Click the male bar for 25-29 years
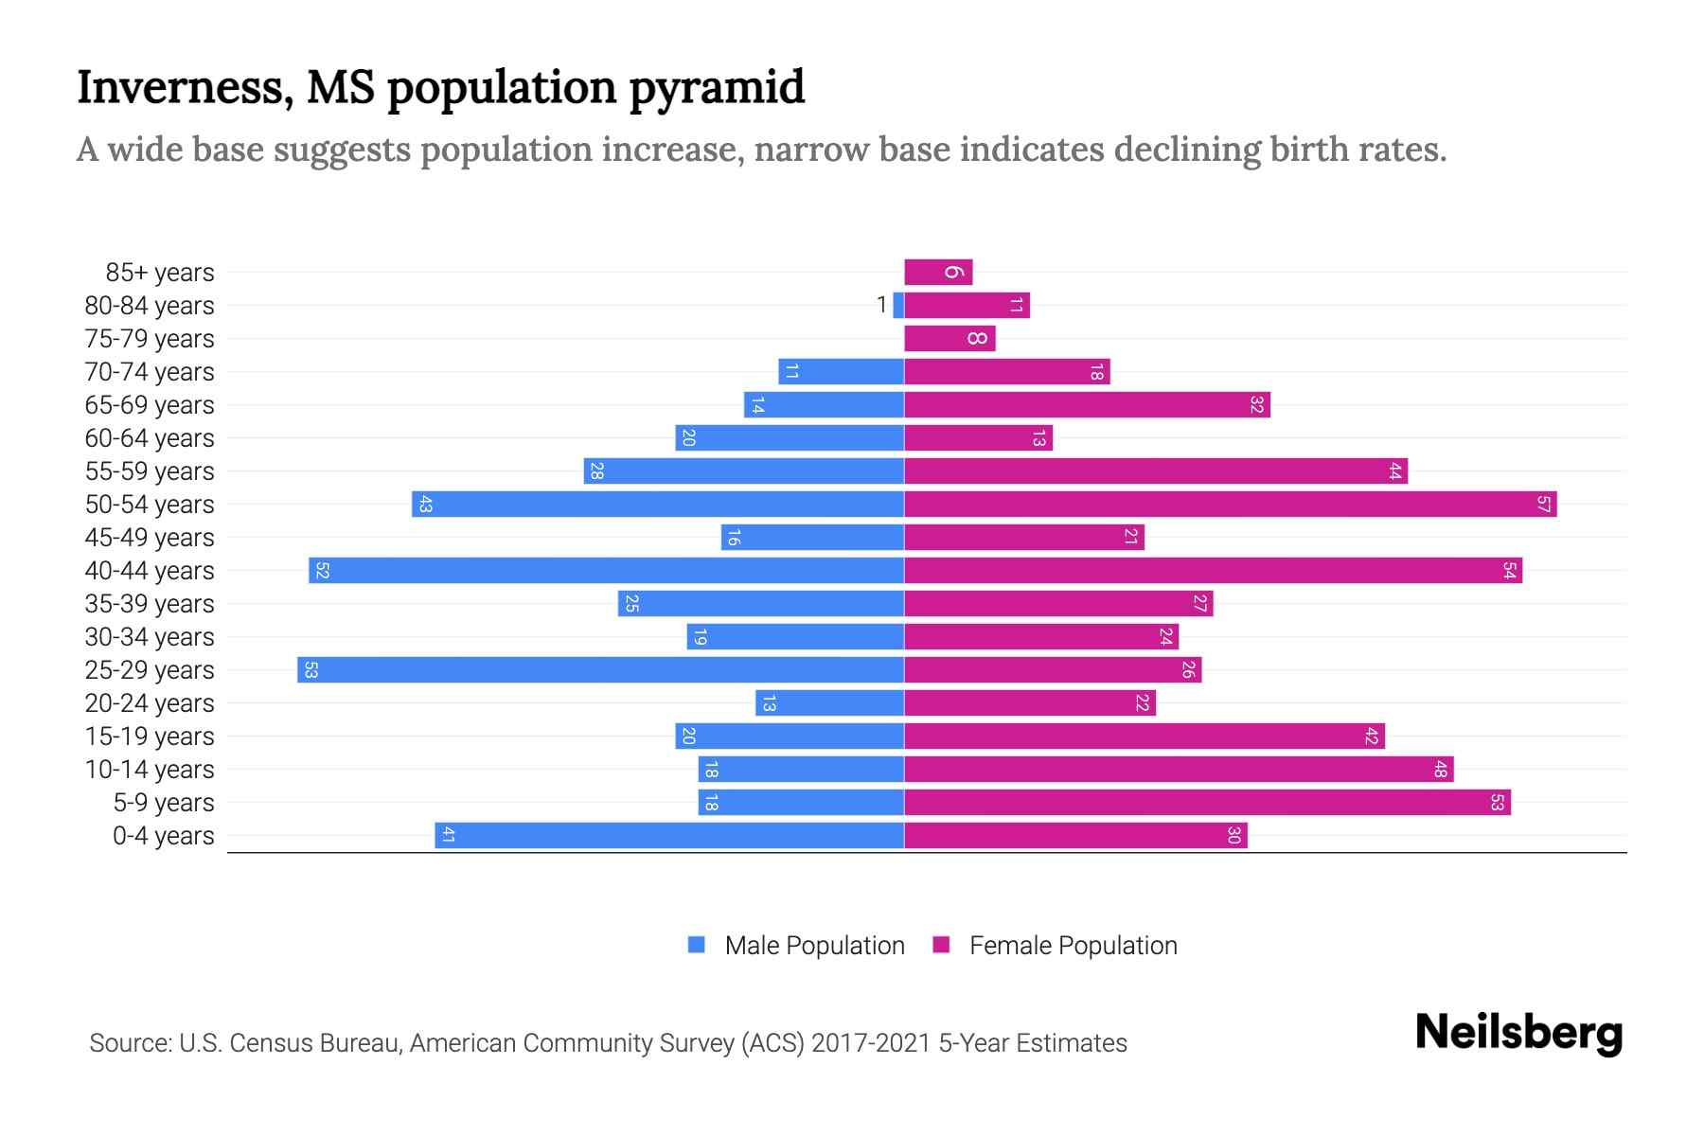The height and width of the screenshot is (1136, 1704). click(x=600, y=670)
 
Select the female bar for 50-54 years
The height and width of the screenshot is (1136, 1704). click(x=1230, y=505)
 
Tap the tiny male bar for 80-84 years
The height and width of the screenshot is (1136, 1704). click(x=898, y=306)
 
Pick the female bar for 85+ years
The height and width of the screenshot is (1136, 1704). click(x=938, y=273)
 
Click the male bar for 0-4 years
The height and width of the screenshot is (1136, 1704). click(x=669, y=836)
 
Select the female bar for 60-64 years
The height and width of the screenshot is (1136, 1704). click(x=978, y=438)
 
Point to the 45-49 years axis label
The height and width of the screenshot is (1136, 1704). click(x=150, y=538)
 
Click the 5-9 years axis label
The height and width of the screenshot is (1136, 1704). click(x=163, y=803)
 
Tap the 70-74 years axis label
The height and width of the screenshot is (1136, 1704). click(x=150, y=372)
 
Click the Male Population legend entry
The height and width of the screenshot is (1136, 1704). click(x=814, y=946)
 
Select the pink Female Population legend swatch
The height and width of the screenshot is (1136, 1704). click(x=941, y=945)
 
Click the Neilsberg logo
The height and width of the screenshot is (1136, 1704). click(x=1518, y=1033)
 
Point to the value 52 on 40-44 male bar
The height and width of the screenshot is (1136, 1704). click(x=322, y=571)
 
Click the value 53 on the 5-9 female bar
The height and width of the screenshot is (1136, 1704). click(x=1497, y=803)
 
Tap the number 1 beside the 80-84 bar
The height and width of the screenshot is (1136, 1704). click(x=881, y=305)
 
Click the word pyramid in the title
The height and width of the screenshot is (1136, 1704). click(x=717, y=87)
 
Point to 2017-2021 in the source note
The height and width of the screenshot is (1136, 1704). click(x=870, y=1043)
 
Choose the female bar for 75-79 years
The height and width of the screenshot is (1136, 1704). click(x=950, y=339)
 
